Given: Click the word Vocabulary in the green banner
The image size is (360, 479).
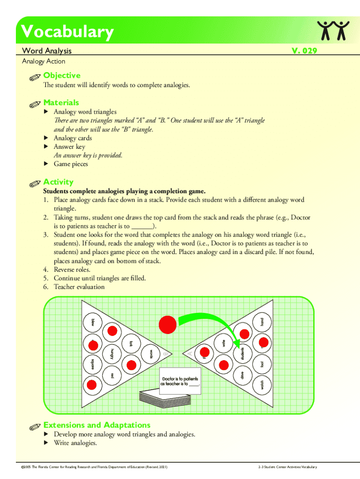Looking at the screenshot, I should coord(67,32).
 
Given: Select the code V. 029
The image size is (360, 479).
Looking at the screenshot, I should coord(304,51).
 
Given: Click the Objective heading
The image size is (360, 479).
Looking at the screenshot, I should coord(62,75).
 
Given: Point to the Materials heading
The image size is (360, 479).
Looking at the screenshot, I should coord(61,102).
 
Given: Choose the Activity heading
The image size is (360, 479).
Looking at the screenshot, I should coord(58,182).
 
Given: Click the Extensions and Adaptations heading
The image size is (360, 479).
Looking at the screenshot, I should coord(97,425).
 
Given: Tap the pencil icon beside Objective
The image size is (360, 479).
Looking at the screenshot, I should coord(35,77).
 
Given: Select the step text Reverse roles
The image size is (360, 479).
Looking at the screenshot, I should coord(72,269).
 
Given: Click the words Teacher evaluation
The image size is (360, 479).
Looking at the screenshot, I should coord(79,287).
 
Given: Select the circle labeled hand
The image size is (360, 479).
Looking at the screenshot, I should coord(262,322).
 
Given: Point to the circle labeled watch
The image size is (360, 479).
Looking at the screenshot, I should coord(261,385).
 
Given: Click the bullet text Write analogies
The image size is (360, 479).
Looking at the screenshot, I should coord(75,443).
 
